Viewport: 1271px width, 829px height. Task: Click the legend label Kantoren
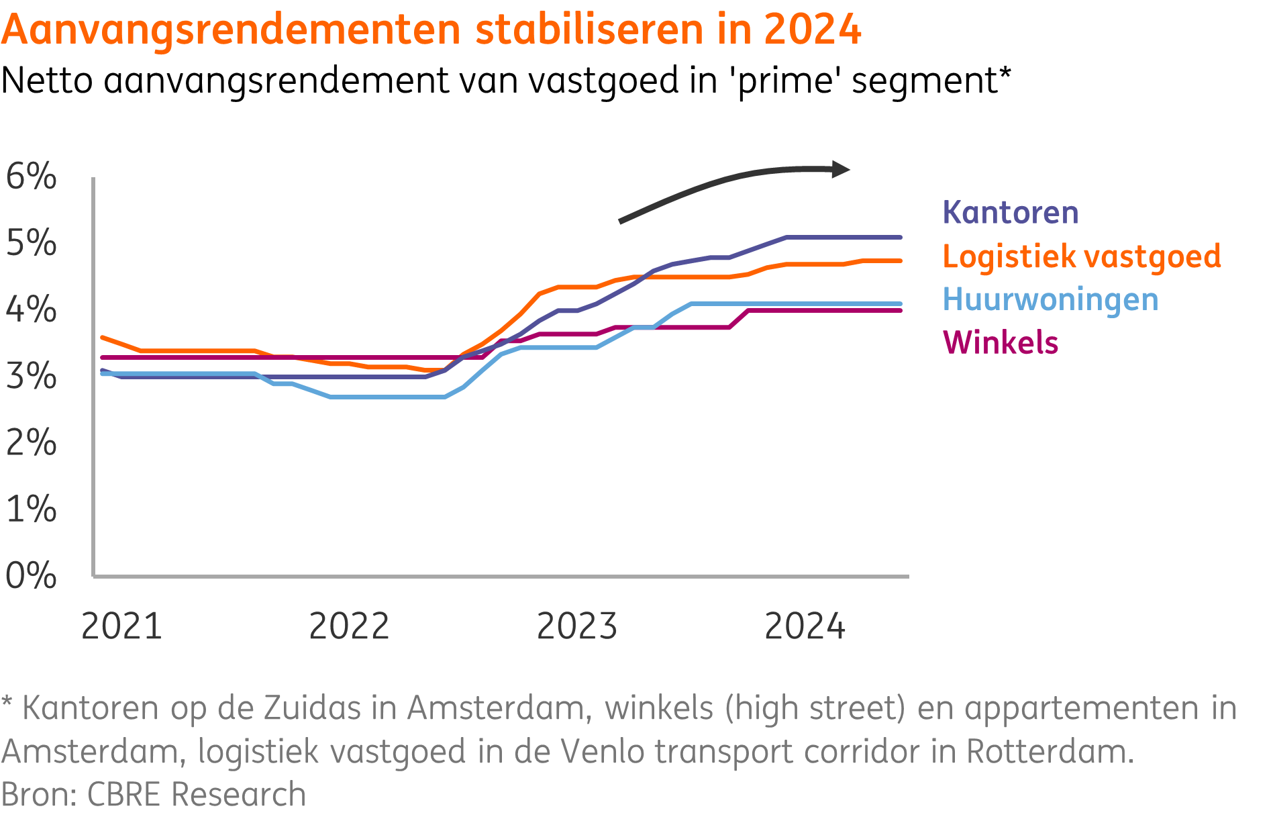(x=1010, y=213)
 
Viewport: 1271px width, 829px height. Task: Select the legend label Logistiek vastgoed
(x=1081, y=256)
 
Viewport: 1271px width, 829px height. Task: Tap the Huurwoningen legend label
(x=1050, y=299)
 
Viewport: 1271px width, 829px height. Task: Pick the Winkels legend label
(x=1000, y=342)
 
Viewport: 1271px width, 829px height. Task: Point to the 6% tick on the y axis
(x=31, y=177)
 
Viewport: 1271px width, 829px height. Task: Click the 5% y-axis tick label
(x=31, y=243)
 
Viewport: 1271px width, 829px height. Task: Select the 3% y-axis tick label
(x=31, y=376)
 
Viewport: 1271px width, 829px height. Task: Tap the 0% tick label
(x=31, y=575)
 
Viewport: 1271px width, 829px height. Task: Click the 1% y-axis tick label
(x=31, y=509)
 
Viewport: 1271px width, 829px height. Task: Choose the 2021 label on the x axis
(x=121, y=626)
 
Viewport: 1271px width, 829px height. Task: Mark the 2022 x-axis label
(x=349, y=626)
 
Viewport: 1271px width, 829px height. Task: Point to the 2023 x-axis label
(x=576, y=626)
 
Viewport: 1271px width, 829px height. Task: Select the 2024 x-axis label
(x=805, y=626)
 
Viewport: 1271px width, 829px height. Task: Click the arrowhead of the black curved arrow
(x=840, y=169)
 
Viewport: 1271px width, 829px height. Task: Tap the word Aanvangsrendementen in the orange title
(x=231, y=30)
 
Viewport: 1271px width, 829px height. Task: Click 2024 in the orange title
(x=812, y=30)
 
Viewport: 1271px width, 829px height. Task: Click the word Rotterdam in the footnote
(x=1050, y=751)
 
